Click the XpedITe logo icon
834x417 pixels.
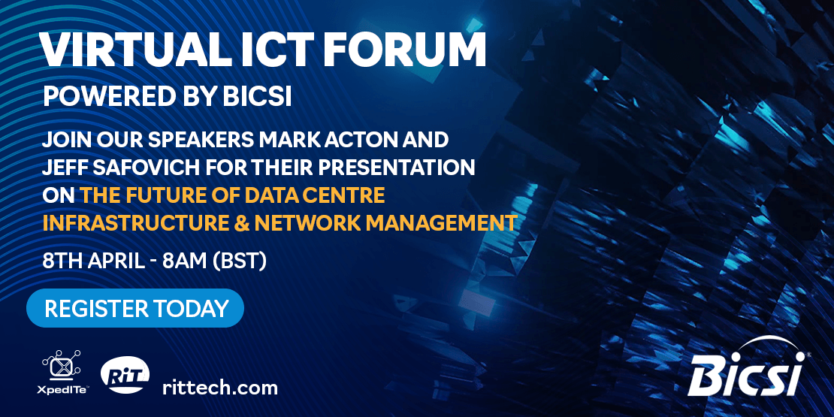[x=61, y=365]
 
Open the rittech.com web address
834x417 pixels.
[x=219, y=387]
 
